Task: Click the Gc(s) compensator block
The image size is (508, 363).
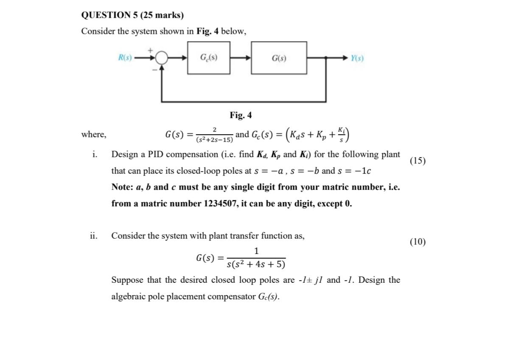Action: [x=209, y=58]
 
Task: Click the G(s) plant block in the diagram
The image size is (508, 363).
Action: [x=279, y=58]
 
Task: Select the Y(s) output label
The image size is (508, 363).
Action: [x=357, y=58]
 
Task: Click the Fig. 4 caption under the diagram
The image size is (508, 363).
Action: [x=241, y=115]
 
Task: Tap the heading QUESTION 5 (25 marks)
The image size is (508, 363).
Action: [x=132, y=15]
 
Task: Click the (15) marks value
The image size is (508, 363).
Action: [x=418, y=160]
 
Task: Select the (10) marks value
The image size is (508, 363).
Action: [x=418, y=242]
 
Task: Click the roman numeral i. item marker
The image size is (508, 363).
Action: [x=94, y=154]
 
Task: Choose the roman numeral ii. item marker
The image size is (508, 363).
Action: [x=93, y=235]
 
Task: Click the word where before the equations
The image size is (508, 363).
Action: [x=94, y=135]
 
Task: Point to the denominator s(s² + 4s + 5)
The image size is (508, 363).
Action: [x=256, y=265]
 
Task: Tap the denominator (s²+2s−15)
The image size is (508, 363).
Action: [x=214, y=139]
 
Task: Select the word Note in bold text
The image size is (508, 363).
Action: [x=121, y=187]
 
